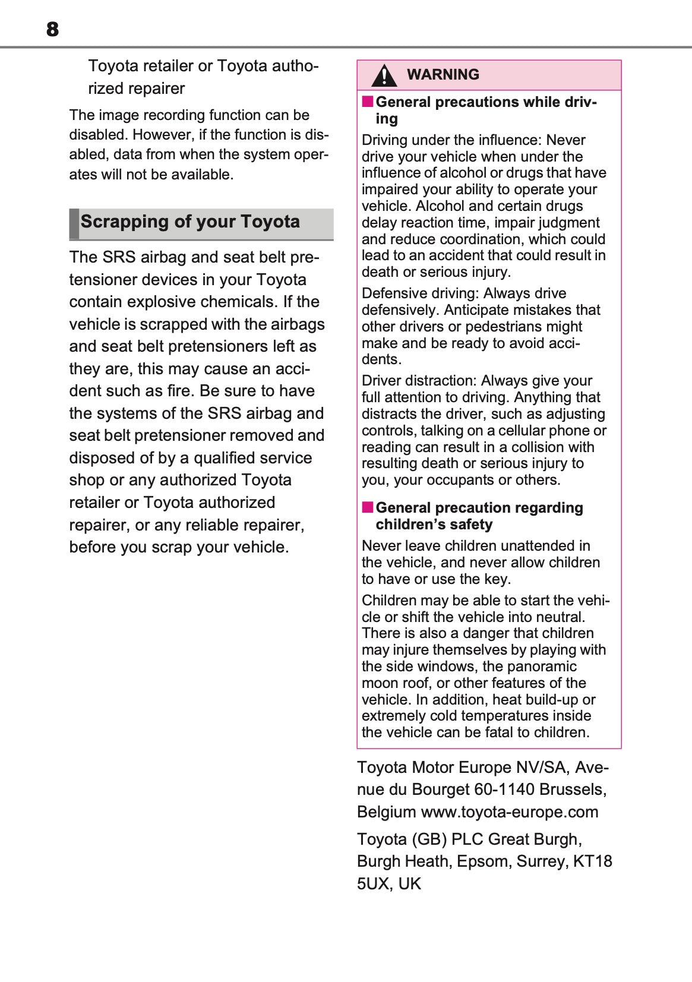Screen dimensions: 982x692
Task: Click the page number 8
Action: (52, 29)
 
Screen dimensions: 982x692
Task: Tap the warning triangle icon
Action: (384, 75)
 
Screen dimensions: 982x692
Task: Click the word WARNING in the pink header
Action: (443, 75)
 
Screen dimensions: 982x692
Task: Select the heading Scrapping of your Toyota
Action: (190, 222)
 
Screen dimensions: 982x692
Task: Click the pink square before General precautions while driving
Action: (368, 102)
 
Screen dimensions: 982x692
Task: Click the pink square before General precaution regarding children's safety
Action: (368, 507)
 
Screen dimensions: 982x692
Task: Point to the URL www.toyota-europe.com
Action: (509, 812)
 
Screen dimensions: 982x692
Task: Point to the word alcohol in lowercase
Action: (464, 173)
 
